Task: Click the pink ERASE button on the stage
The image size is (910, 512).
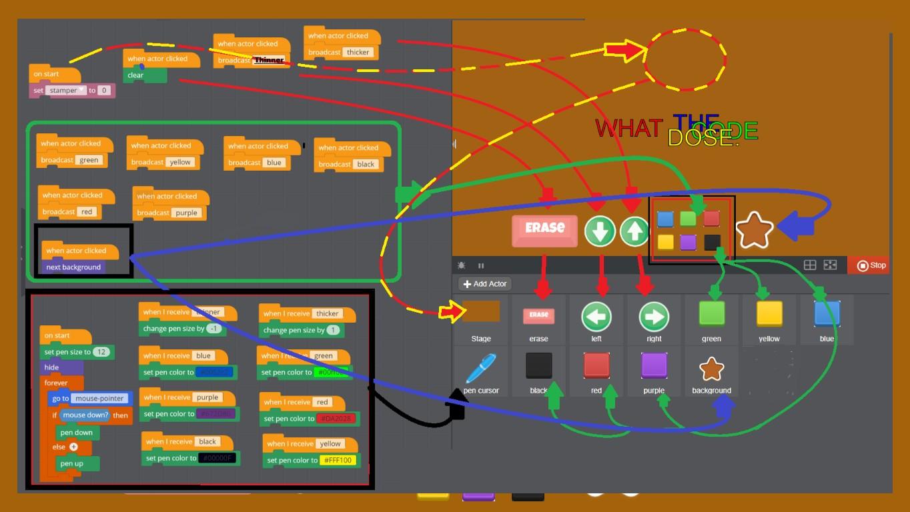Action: (544, 228)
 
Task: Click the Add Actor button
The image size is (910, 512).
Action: (485, 284)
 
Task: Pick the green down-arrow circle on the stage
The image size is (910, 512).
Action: (600, 231)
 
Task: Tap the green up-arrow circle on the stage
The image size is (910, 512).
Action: (634, 231)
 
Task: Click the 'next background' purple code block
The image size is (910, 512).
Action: (73, 267)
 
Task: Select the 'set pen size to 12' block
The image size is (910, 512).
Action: (76, 352)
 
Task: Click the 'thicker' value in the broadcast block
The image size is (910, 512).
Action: (358, 53)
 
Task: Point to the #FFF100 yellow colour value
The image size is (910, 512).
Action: (338, 460)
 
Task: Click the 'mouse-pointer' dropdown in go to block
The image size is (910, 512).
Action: (99, 399)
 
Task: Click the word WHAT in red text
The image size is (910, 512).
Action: (628, 128)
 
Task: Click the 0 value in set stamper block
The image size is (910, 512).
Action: (104, 91)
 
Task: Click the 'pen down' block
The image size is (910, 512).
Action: (77, 433)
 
